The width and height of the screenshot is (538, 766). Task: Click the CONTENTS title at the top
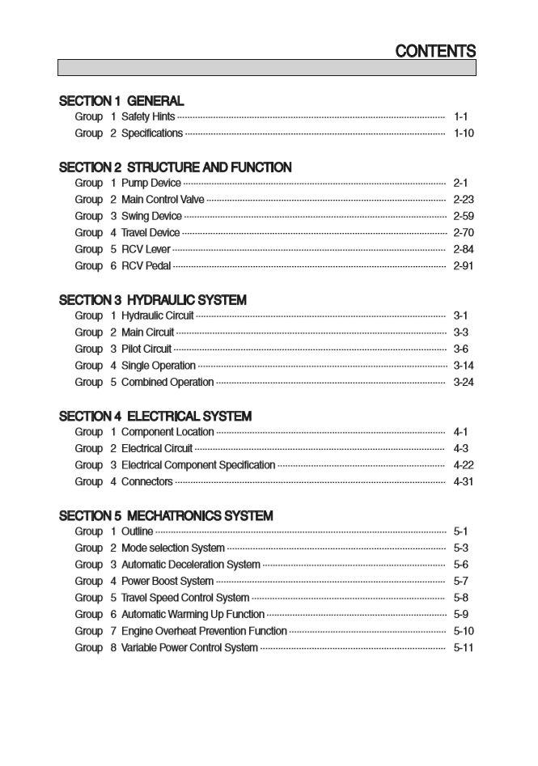[435, 51]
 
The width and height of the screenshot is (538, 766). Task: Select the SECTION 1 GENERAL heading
[121, 101]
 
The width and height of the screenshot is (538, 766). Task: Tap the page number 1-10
[464, 133]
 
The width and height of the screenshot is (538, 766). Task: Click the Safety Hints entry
[148, 117]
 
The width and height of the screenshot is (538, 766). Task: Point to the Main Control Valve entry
[163, 200]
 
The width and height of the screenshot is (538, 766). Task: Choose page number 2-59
[464, 216]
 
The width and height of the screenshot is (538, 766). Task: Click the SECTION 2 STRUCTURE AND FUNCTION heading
[176, 167]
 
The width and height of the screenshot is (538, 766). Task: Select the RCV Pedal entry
[146, 266]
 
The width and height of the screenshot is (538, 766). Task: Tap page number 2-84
[464, 249]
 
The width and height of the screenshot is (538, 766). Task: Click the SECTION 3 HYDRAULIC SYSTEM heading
[153, 300]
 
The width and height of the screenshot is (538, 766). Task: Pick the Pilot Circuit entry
[146, 349]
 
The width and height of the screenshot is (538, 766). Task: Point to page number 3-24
[464, 382]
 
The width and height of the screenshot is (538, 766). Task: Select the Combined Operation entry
[167, 382]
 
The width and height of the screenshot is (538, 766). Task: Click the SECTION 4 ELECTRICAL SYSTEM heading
[155, 416]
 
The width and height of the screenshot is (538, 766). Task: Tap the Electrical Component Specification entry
[198, 465]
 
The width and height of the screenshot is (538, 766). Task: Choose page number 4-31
[464, 481]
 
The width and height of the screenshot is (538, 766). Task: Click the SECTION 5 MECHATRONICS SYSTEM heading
[166, 515]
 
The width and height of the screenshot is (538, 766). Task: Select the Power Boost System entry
[167, 581]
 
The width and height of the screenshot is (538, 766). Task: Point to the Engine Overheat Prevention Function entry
[204, 631]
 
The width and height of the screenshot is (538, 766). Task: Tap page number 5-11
[464, 647]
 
